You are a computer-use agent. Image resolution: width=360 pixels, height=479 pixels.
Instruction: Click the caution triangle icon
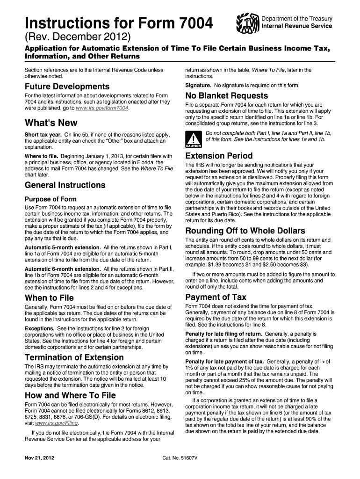(192, 139)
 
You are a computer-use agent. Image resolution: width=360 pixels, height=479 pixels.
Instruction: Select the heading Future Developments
(67, 87)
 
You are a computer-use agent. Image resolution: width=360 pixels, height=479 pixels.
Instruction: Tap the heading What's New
(51, 123)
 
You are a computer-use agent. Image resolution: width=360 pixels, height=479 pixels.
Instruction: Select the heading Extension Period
(219, 156)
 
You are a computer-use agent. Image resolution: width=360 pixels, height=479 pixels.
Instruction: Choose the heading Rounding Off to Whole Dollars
(245, 231)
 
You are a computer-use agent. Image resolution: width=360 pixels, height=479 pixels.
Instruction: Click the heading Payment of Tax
(216, 297)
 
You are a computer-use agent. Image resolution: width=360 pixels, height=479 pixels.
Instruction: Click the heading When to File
(49, 298)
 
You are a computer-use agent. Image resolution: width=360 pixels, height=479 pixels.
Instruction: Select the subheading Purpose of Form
(50, 199)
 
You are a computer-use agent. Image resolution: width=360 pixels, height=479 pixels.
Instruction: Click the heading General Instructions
(65, 185)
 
